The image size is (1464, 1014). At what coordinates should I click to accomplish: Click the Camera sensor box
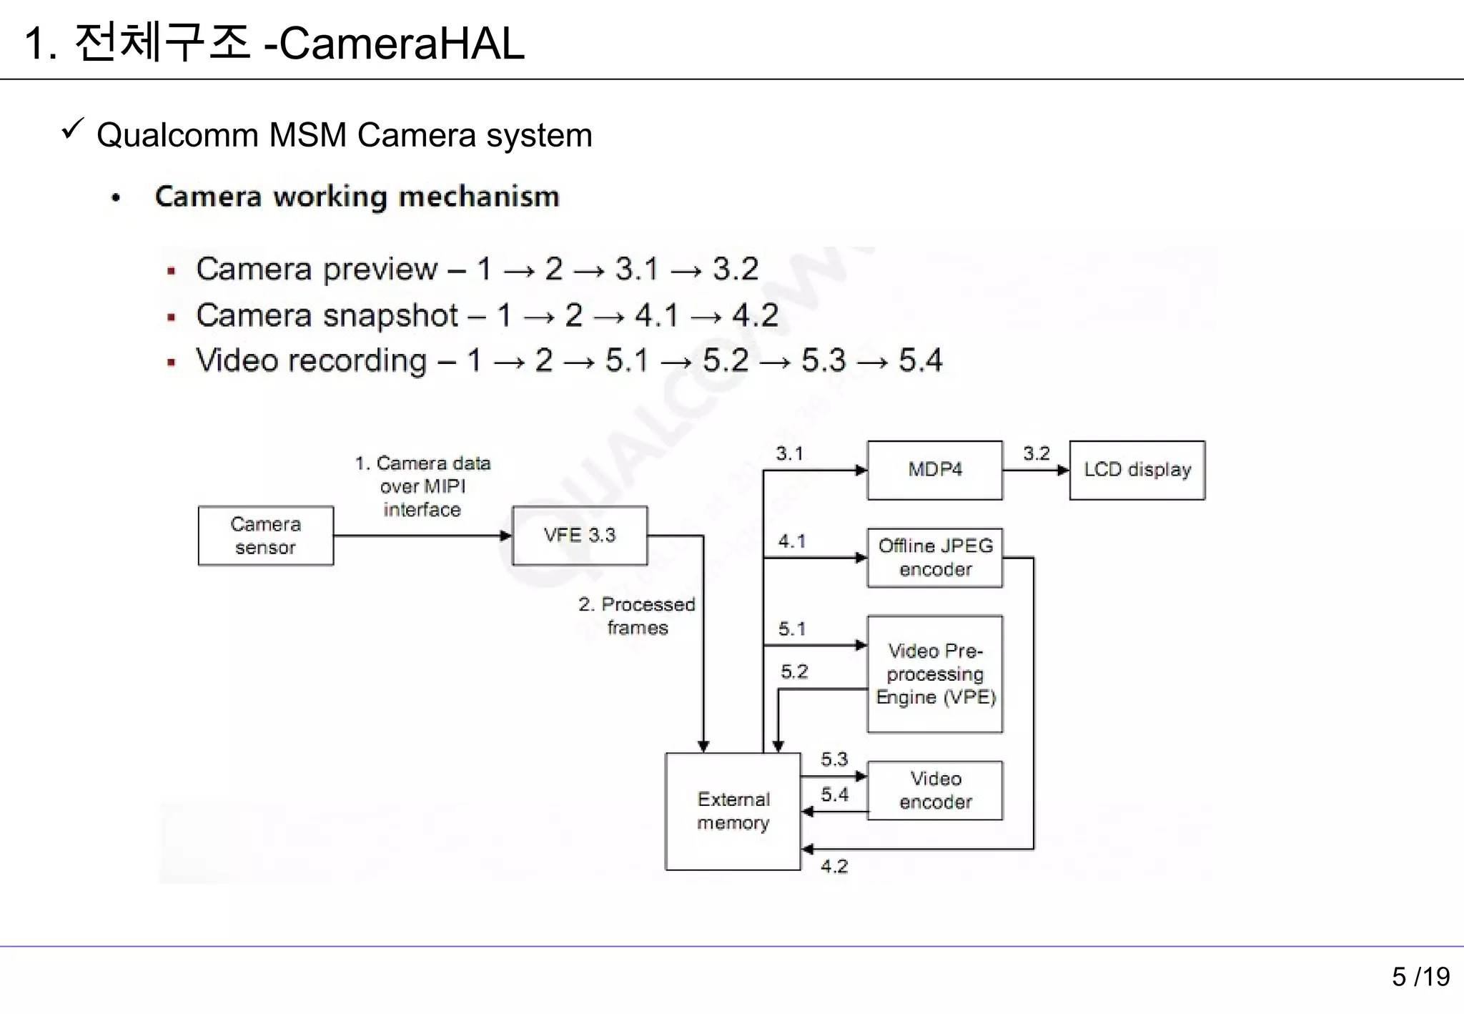[x=265, y=536]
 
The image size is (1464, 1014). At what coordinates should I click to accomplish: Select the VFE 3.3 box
[x=580, y=536]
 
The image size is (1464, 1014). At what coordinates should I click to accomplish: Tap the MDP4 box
[x=934, y=470]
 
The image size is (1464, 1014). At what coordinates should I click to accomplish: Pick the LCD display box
[x=1137, y=470]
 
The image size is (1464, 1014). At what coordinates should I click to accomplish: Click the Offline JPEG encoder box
[x=934, y=558]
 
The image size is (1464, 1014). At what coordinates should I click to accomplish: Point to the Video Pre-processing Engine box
[x=934, y=674]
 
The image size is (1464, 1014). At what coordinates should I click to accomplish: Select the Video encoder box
[x=934, y=790]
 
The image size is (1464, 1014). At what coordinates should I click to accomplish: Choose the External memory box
[x=733, y=811]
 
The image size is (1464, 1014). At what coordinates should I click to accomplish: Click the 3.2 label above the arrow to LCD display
[x=1036, y=453]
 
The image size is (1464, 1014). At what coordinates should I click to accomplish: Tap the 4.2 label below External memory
[x=834, y=867]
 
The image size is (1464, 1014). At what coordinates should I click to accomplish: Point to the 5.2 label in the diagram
[x=794, y=671]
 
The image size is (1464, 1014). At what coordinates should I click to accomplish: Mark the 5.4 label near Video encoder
[x=834, y=794]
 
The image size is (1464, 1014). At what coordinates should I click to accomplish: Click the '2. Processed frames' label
[x=637, y=616]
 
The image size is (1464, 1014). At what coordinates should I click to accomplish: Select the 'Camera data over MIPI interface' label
[x=422, y=486]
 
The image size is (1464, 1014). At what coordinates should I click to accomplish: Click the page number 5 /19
[x=1420, y=977]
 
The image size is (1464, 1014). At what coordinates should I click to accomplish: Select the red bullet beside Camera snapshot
[x=172, y=317]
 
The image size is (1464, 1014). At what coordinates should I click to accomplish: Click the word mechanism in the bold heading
[x=478, y=197]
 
